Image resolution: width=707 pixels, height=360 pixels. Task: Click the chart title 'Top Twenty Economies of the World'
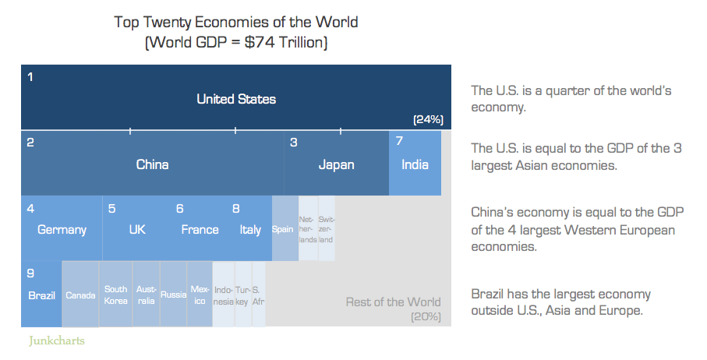click(236, 22)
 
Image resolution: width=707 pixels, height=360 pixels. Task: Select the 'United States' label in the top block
click(236, 99)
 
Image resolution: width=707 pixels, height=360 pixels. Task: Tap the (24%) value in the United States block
click(428, 119)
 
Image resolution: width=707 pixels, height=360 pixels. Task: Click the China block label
click(152, 164)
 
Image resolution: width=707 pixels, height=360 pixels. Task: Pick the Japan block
click(336, 164)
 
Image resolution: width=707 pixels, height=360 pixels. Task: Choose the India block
click(415, 164)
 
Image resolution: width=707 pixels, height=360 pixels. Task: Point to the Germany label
click(62, 230)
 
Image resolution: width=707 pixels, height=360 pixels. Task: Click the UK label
click(137, 230)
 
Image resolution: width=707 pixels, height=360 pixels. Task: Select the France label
click(200, 230)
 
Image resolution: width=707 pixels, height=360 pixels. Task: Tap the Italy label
click(250, 230)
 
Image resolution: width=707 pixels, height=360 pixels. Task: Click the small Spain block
click(283, 229)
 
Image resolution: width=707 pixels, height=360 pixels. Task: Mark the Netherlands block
click(308, 229)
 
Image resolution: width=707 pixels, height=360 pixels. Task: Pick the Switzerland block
click(327, 229)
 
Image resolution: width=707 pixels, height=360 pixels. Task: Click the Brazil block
click(41, 295)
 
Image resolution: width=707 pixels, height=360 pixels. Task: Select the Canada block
click(80, 295)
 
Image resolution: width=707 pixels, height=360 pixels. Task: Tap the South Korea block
click(115, 295)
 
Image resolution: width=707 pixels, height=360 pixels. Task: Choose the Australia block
click(146, 295)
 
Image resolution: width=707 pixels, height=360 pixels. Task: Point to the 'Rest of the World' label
click(393, 302)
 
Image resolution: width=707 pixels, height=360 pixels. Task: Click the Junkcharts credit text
click(56, 341)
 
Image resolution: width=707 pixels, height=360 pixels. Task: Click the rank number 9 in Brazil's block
click(30, 273)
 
